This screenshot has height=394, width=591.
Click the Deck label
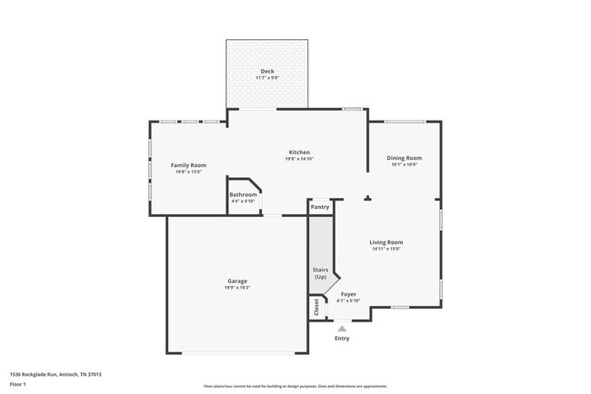(267, 71)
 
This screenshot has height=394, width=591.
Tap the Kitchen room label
(299, 152)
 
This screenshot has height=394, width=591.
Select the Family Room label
(189, 164)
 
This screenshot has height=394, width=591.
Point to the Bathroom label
(243, 194)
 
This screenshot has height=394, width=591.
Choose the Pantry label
(320, 207)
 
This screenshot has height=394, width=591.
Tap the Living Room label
(386, 241)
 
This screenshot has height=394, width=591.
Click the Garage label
(237, 281)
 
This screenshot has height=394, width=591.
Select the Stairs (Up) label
(320, 272)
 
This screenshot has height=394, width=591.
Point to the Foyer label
(348, 294)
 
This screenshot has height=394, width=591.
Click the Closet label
(317, 308)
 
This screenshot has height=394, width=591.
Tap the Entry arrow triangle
(342, 329)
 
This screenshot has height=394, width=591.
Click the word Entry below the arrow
(342, 339)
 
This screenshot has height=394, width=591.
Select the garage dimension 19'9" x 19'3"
(237, 288)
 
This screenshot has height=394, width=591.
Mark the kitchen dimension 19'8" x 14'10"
(299, 159)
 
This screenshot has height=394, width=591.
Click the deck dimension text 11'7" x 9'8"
(267, 78)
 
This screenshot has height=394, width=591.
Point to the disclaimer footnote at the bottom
(295, 386)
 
